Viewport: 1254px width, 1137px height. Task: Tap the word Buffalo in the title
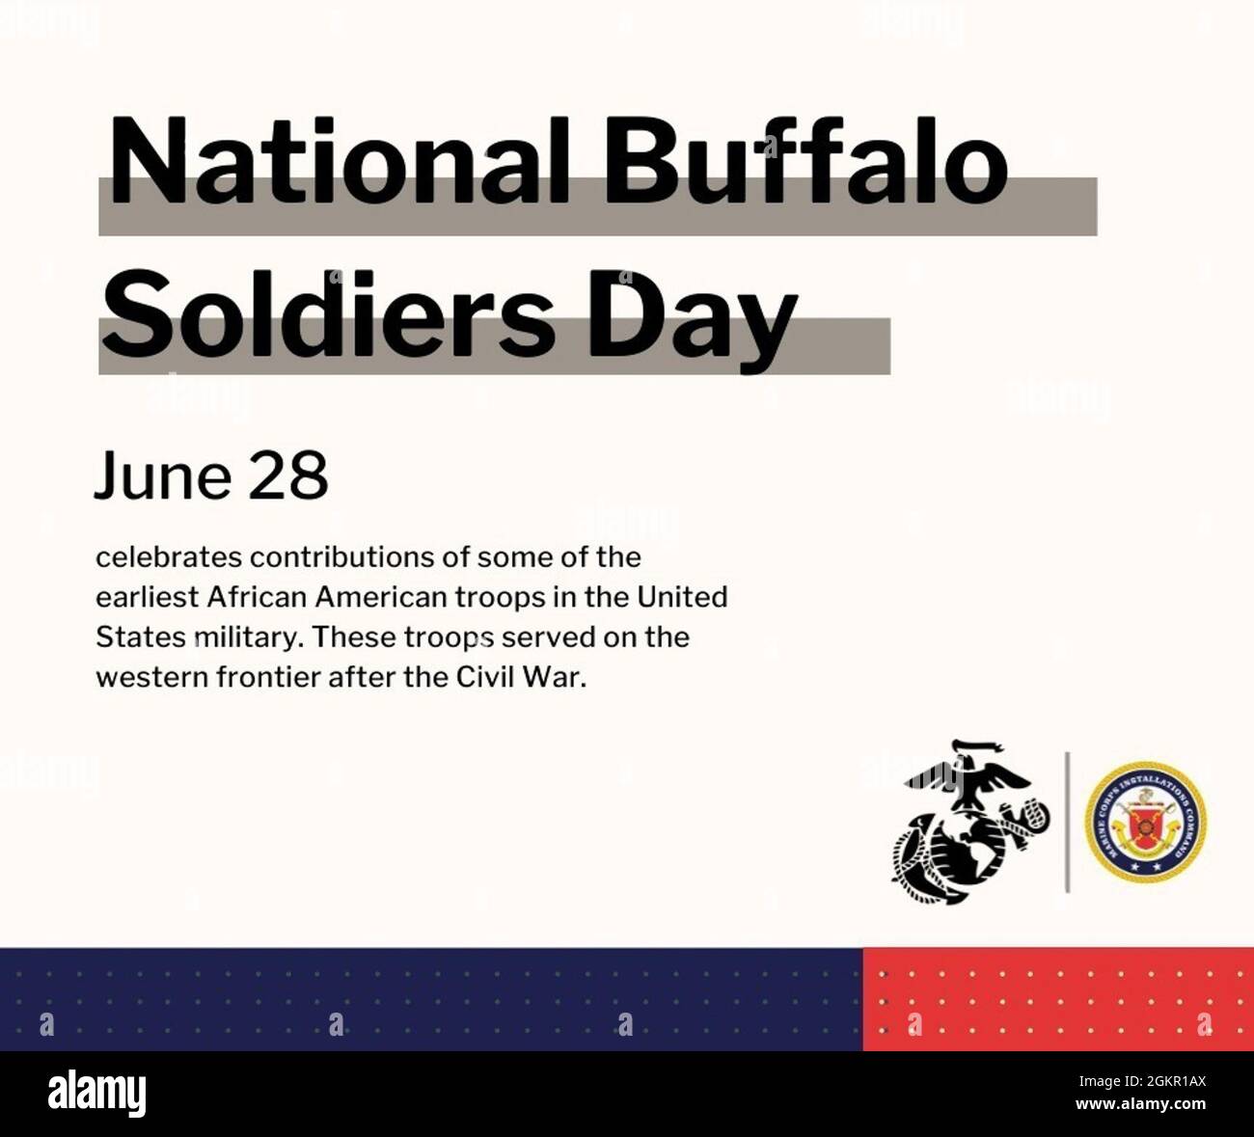coord(804,162)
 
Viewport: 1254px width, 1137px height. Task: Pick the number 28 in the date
coord(288,476)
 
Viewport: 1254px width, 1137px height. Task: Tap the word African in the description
coord(258,597)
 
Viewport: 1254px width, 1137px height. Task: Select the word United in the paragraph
coord(681,597)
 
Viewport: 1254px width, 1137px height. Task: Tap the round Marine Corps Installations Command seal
coord(1145,822)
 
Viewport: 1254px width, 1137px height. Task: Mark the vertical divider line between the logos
coord(1067,822)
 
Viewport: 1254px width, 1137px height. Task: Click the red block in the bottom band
coord(1058,999)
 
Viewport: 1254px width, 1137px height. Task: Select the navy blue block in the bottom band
coord(430,999)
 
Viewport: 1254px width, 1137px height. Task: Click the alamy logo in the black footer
coord(96,1094)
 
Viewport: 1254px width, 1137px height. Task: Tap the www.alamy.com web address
coord(1140,1104)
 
